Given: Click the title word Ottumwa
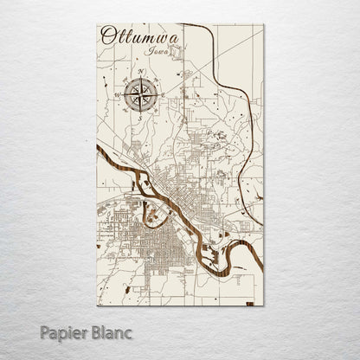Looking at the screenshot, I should (x=136, y=36).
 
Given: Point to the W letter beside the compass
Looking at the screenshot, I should (x=117, y=91).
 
